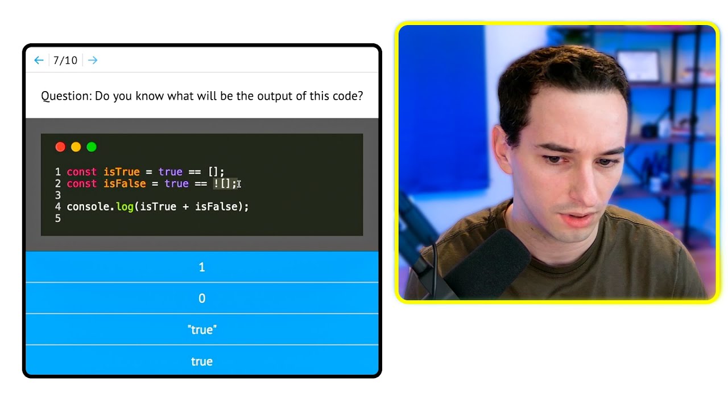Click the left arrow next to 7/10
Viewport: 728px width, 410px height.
tap(39, 60)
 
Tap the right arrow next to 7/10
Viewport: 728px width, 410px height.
tap(93, 60)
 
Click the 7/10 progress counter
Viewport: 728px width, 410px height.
tap(65, 60)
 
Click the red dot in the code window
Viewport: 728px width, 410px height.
tap(60, 147)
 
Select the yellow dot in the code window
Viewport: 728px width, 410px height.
tap(76, 147)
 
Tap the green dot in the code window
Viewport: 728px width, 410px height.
tap(92, 147)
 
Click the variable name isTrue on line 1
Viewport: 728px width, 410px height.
tap(121, 172)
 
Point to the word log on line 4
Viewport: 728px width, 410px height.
tap(125, 207)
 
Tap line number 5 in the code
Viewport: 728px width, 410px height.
tap(58, 218)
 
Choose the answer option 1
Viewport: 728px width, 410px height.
tap(202, 267)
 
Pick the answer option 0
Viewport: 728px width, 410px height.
tap(202, 298)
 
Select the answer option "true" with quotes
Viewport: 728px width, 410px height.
tap(202, 330)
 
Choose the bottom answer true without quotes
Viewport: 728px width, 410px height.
tap(202, 361)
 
